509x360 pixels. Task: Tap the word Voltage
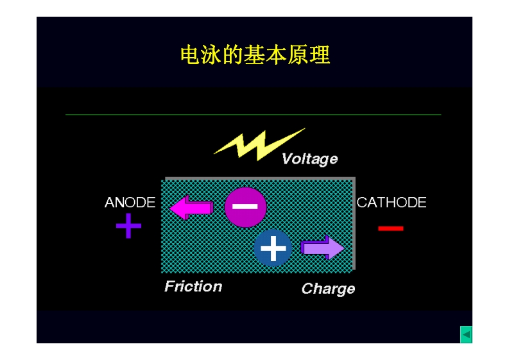(309, 159)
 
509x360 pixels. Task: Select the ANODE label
(130, 203)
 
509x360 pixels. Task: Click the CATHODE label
(392, 203)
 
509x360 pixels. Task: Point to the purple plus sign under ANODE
(128, 226)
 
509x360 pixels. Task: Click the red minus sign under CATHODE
(390, 228)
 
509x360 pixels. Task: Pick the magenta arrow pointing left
(191, 207)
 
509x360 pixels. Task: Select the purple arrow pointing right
(322, 248)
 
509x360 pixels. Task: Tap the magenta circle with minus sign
(245, 207)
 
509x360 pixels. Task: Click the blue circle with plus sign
(273, 248)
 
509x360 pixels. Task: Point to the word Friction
(193, 286)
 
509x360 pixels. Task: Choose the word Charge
(328, 289)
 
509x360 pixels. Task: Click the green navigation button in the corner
(466, 334)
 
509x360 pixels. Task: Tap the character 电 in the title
(191, 56)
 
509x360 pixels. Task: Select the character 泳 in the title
(212, 56)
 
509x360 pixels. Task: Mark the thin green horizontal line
(254, 115)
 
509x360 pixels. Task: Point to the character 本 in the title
(277, 56)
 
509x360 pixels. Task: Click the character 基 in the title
(255, 56)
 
